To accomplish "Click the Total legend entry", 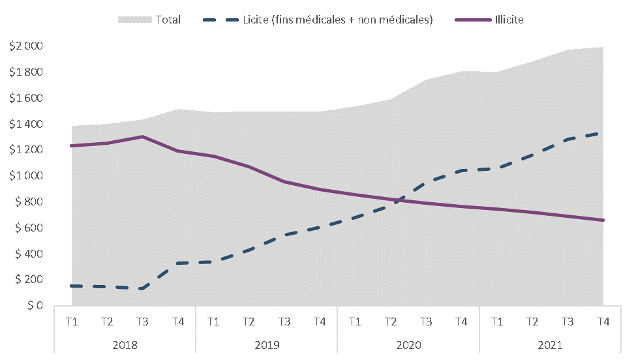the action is point(149,20).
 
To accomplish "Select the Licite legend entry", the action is point(318,20).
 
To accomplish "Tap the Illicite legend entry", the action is point(490,20).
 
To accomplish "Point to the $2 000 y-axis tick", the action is point(26,46).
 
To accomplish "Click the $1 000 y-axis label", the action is point(26,175).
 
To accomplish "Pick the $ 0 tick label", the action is point(35,305).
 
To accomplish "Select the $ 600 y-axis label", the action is point(29,228).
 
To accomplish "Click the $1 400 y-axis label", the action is point(26,124).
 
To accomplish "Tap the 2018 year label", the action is point(125,345).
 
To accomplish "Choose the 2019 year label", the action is point(267,345).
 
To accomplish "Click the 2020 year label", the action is point(408,345).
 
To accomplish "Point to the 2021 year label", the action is point(550,345).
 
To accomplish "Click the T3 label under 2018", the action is point(142,322).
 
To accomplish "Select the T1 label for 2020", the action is point(355,322).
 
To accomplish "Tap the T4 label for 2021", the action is point(603,322).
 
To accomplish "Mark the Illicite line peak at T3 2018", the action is point(142,136).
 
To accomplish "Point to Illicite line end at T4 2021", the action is point(603,220).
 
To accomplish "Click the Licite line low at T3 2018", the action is point(142,289).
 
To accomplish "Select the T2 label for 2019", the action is point(249,322).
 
